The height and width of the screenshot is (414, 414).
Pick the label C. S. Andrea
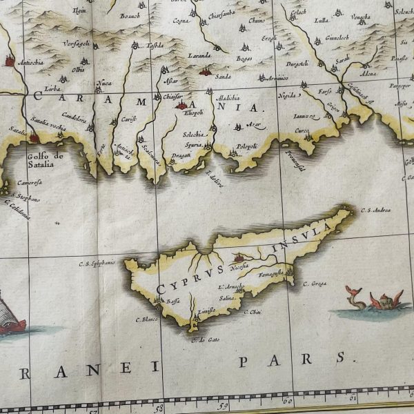[x=376, y=210]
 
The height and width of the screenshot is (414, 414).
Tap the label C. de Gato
[x=204, y=339]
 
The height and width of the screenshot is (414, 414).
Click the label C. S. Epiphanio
[x=96, y=263]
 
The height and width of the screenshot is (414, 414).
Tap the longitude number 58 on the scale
[x=158, y=408]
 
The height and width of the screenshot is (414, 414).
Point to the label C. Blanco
[x=147, y=319]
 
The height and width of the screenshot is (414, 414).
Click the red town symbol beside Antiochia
[x=9, y=61]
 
